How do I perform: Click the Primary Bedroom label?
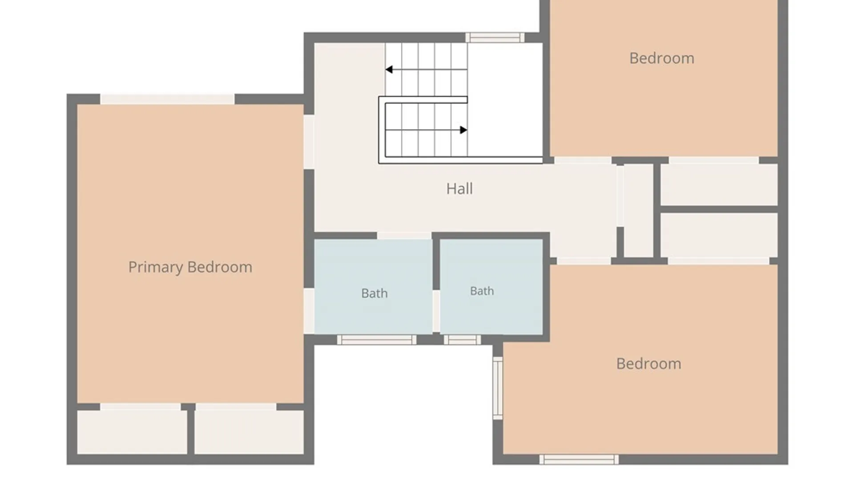pos(190,267)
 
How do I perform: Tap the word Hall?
pos(459,188)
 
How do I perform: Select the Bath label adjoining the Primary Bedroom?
pos(375,293)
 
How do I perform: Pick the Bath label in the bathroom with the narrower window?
pos(482,291)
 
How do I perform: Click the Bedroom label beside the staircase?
pos(662,58)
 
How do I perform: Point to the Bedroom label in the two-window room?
pos(649,364)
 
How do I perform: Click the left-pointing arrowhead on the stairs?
pos(389,69)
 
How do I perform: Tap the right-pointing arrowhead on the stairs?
pos(463,130)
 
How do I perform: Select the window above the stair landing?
pos(495,37)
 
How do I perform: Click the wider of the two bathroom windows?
pos(377,340)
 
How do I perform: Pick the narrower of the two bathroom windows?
pos(463,340)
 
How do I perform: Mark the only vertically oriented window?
pos(498,388)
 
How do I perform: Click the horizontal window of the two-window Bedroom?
pos(579,460)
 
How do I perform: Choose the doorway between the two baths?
pos(436,311)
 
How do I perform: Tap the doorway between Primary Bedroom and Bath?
pos(309,311)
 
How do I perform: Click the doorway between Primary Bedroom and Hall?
pos(309,142)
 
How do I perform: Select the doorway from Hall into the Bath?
pos(404,236)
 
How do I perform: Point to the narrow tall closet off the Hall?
pos(638,211)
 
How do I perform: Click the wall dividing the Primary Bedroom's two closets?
pos(191,430)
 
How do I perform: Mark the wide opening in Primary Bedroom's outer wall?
pos(167,99)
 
